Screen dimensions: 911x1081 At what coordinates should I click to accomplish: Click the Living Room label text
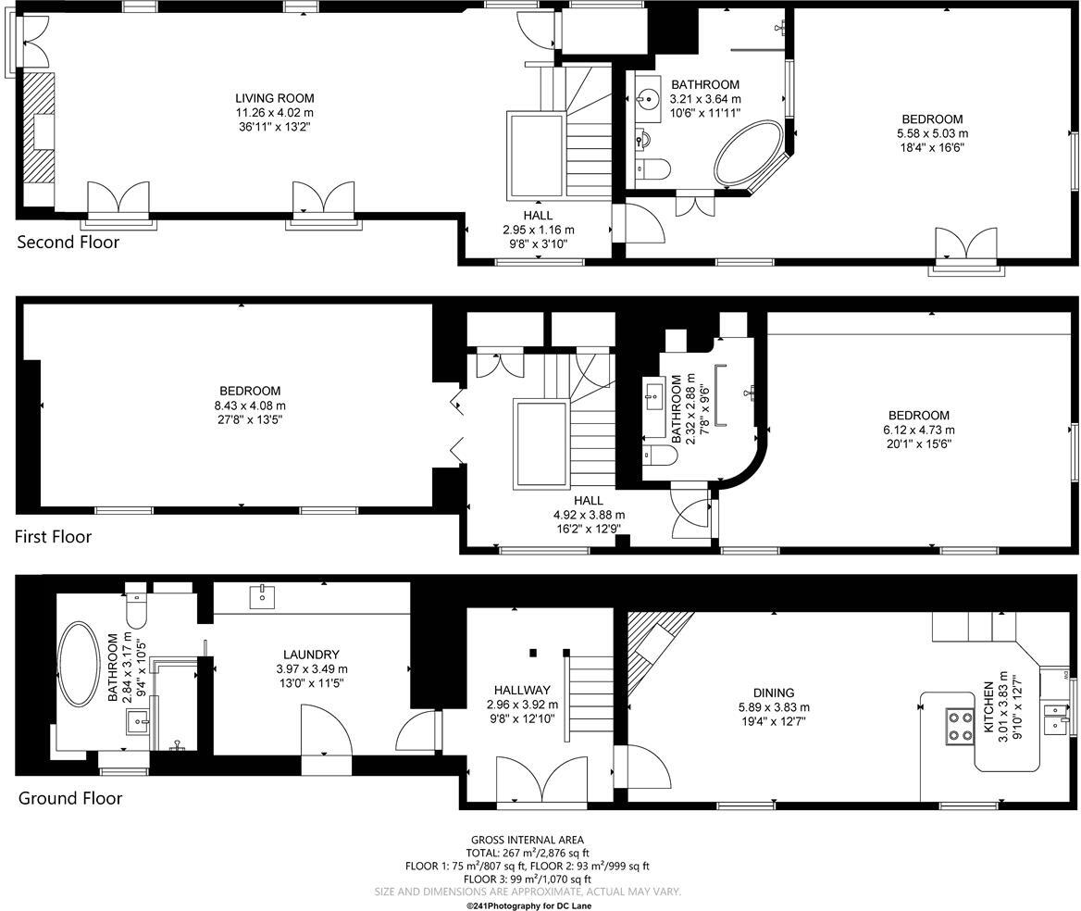coord(274,98)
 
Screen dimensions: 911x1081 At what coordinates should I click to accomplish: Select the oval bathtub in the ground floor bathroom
coord(78,664)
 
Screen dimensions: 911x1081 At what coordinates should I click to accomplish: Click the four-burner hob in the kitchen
coord(959,725)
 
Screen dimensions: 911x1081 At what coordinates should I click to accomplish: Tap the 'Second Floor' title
coord(68,243)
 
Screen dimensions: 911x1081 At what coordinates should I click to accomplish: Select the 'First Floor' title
coord(53,536)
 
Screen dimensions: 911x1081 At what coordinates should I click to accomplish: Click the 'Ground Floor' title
coord(70,798)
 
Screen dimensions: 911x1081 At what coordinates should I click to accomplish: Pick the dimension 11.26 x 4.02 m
coord(274,113)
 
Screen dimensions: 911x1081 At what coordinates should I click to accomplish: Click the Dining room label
coord(773,693)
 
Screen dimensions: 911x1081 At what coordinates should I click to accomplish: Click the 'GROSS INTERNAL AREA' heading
coord(527,840)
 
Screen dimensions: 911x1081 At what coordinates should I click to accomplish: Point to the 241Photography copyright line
coord(528,905)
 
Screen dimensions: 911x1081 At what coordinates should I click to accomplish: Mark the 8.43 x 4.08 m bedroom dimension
coord(249,406)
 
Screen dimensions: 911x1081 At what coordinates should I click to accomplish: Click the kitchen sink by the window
coord(1055,718)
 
